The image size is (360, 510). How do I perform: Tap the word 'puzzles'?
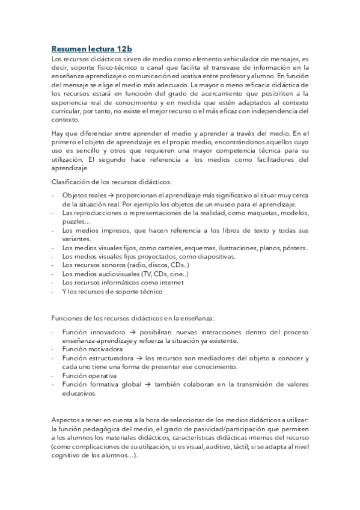[74, 222]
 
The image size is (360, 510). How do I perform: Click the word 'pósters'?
[294, 248]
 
